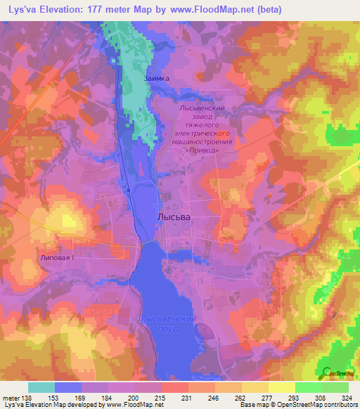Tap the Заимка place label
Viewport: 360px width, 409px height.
156,79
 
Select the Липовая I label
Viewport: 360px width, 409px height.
56,258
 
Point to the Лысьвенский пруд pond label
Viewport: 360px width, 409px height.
167,324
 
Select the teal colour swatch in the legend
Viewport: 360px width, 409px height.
41,387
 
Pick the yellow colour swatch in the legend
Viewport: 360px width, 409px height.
281,387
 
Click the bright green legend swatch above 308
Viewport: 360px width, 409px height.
308,387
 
